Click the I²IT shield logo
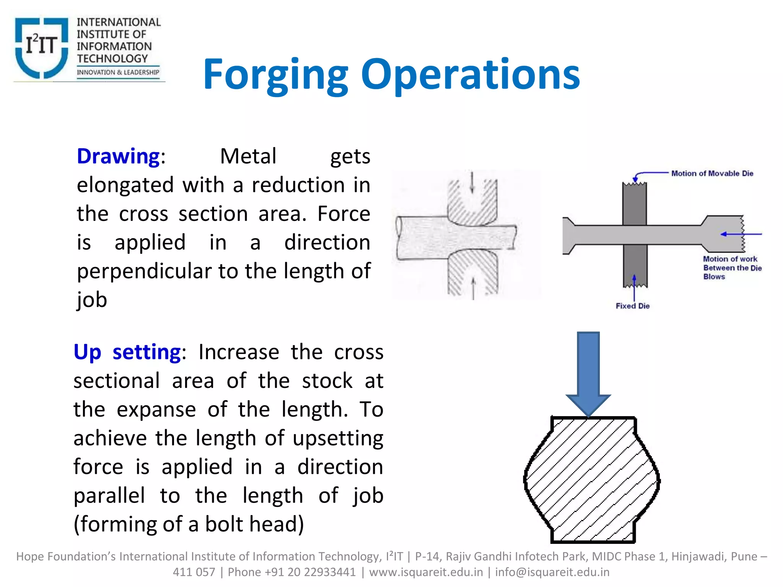pos(41,47)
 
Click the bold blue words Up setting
pos(127,352)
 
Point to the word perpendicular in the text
pos(145,272)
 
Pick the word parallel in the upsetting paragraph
pos(109,496)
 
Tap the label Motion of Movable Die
pos(712,174)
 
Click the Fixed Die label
pos(632,306)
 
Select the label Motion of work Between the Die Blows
pos(732,268)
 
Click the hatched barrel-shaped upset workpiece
pos(592,480)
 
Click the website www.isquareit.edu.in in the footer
pos(426,572)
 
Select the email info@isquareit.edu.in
pos(552,572)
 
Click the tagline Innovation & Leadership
pos(118,72)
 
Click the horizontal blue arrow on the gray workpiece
pos(741,234)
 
